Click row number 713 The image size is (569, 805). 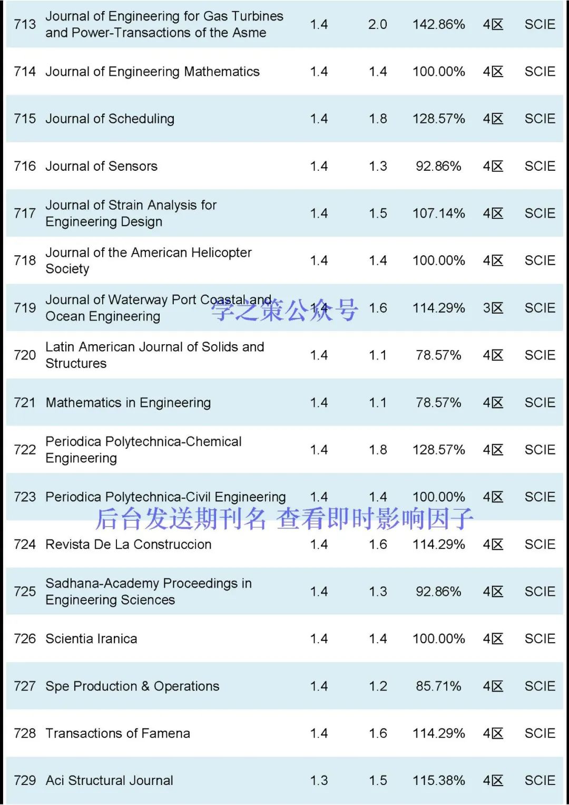(x=25, y=24)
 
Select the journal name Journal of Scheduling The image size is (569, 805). (x=110, y=119)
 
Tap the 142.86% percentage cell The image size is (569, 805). (x=438, y=24)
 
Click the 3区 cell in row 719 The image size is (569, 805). (x=493, y=308)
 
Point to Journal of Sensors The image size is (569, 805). (x=101, y=166)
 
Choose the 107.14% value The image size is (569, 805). (x=438, y=213)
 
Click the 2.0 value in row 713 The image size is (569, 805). (x=377, y=24)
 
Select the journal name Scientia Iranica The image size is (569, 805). (x=91, y=638)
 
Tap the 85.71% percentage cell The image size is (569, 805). (x=438, y=686)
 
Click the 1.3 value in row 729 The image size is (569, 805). (x=319, y=780)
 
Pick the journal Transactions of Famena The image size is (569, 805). (x=117, y=733)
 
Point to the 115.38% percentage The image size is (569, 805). (x=438, y=780)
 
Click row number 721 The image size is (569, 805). (x=25, y=403)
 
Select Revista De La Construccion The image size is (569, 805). (x=129, y=544)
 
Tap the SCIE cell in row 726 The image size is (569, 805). (x=539, y=638)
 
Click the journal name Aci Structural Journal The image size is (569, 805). (x=109, y=780)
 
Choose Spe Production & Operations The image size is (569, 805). (x=132, y=686)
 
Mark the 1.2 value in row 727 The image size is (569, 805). (x=378, y=686)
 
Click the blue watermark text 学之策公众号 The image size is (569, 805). (x=284, y=310)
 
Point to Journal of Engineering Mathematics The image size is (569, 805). (x=152, y=71)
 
